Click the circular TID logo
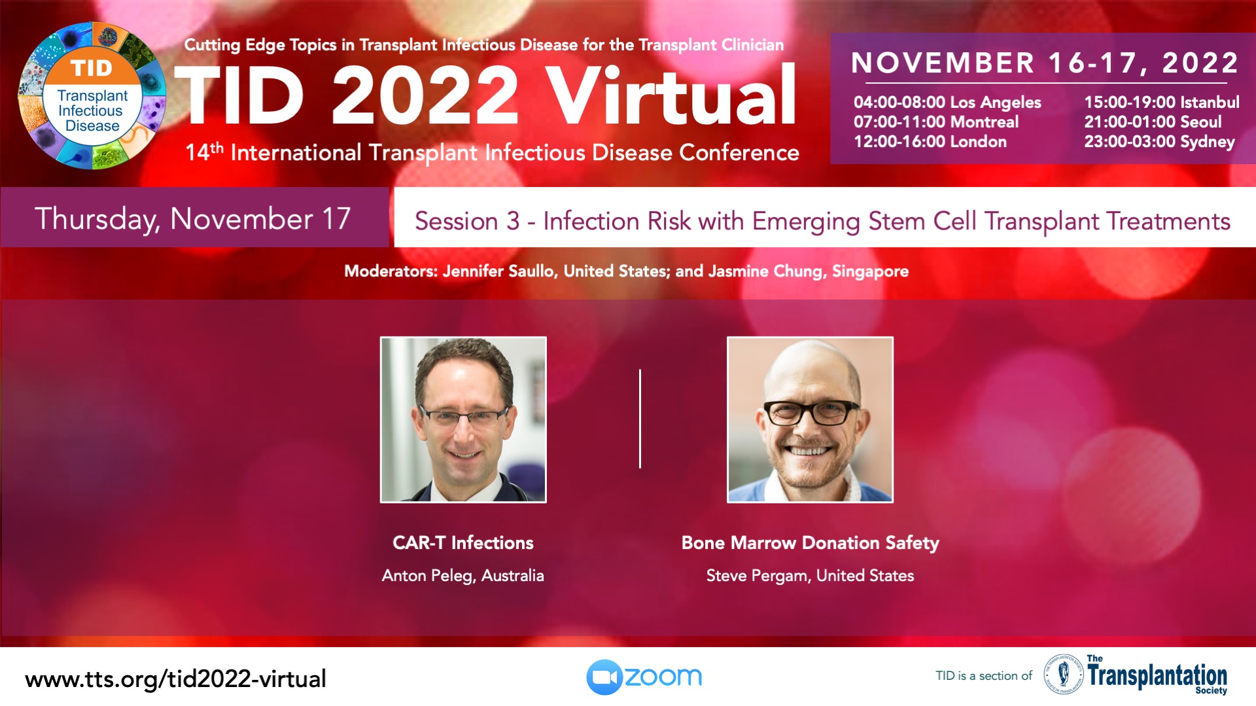[92, 96]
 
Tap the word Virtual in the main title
[671, 95]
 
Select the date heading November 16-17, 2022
[1045, 63]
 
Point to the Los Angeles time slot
[947, 103]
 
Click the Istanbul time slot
[1162, 103]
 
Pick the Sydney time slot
[1159, 142]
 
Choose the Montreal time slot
[936, 122]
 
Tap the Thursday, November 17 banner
[194, 218]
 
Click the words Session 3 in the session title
[467, 221]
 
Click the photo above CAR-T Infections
[463, 420]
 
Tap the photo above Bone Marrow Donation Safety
[810, 420]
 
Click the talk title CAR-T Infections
[463, 543]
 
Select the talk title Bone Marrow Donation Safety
[810, 543]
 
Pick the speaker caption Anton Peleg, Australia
[463, 575]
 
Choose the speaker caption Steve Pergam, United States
[810, 575]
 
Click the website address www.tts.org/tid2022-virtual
[175, 679]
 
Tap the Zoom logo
[644, 677]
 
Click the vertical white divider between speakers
[640, 419]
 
